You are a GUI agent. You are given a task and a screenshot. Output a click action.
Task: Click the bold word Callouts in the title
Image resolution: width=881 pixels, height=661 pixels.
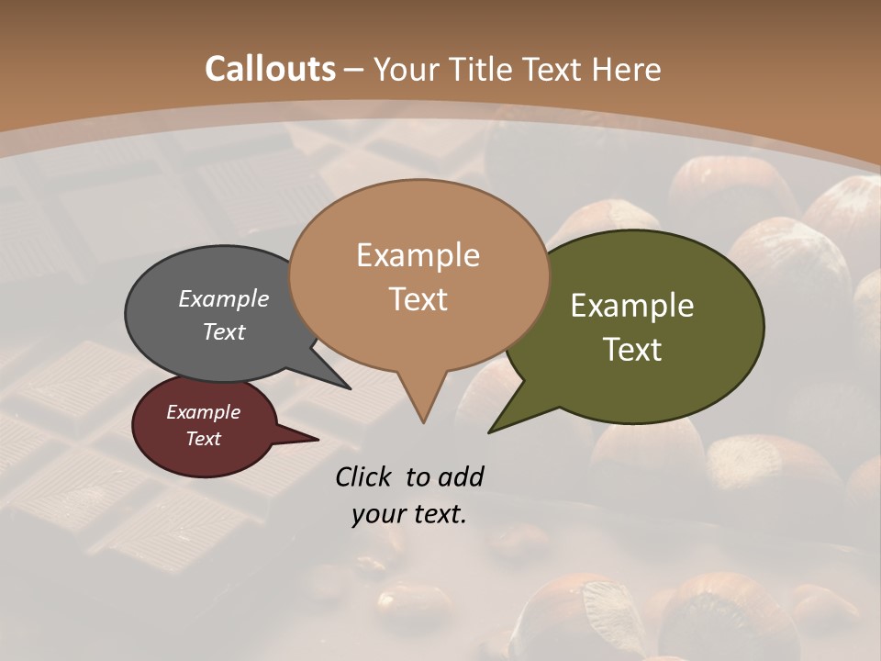[x=270, y=69]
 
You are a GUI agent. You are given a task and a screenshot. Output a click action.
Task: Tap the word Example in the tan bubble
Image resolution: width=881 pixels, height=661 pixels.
[x=418, y=255]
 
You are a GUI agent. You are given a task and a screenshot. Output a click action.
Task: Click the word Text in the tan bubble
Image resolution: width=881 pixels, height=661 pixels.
[x=418, y=299]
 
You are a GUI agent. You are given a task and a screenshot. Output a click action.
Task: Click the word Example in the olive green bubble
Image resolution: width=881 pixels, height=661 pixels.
[x=632, y=306]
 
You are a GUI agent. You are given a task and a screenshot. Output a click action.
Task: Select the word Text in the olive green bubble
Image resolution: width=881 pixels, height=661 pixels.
[x=632, y=350]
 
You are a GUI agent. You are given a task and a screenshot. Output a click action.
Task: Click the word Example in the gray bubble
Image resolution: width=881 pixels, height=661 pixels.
[x=224, y=299]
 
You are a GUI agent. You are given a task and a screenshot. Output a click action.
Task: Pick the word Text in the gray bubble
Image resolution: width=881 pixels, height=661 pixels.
[x=224, y=331]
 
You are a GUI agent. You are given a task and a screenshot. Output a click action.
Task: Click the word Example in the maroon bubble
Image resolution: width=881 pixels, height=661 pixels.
[x=203, y=412]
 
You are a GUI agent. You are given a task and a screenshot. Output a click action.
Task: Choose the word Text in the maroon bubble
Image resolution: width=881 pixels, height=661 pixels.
[x=203, y=439]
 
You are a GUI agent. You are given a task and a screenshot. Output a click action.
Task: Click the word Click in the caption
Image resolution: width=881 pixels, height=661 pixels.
[x=363, y=476]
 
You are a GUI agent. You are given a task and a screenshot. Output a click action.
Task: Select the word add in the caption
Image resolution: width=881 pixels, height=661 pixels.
[x=461, y=476]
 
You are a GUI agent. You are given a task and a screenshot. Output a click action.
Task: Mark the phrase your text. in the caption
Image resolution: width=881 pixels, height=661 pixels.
[x=408, y=514]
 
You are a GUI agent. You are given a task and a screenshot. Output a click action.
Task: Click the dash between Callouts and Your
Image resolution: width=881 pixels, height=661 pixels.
[x=354, y=70]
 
